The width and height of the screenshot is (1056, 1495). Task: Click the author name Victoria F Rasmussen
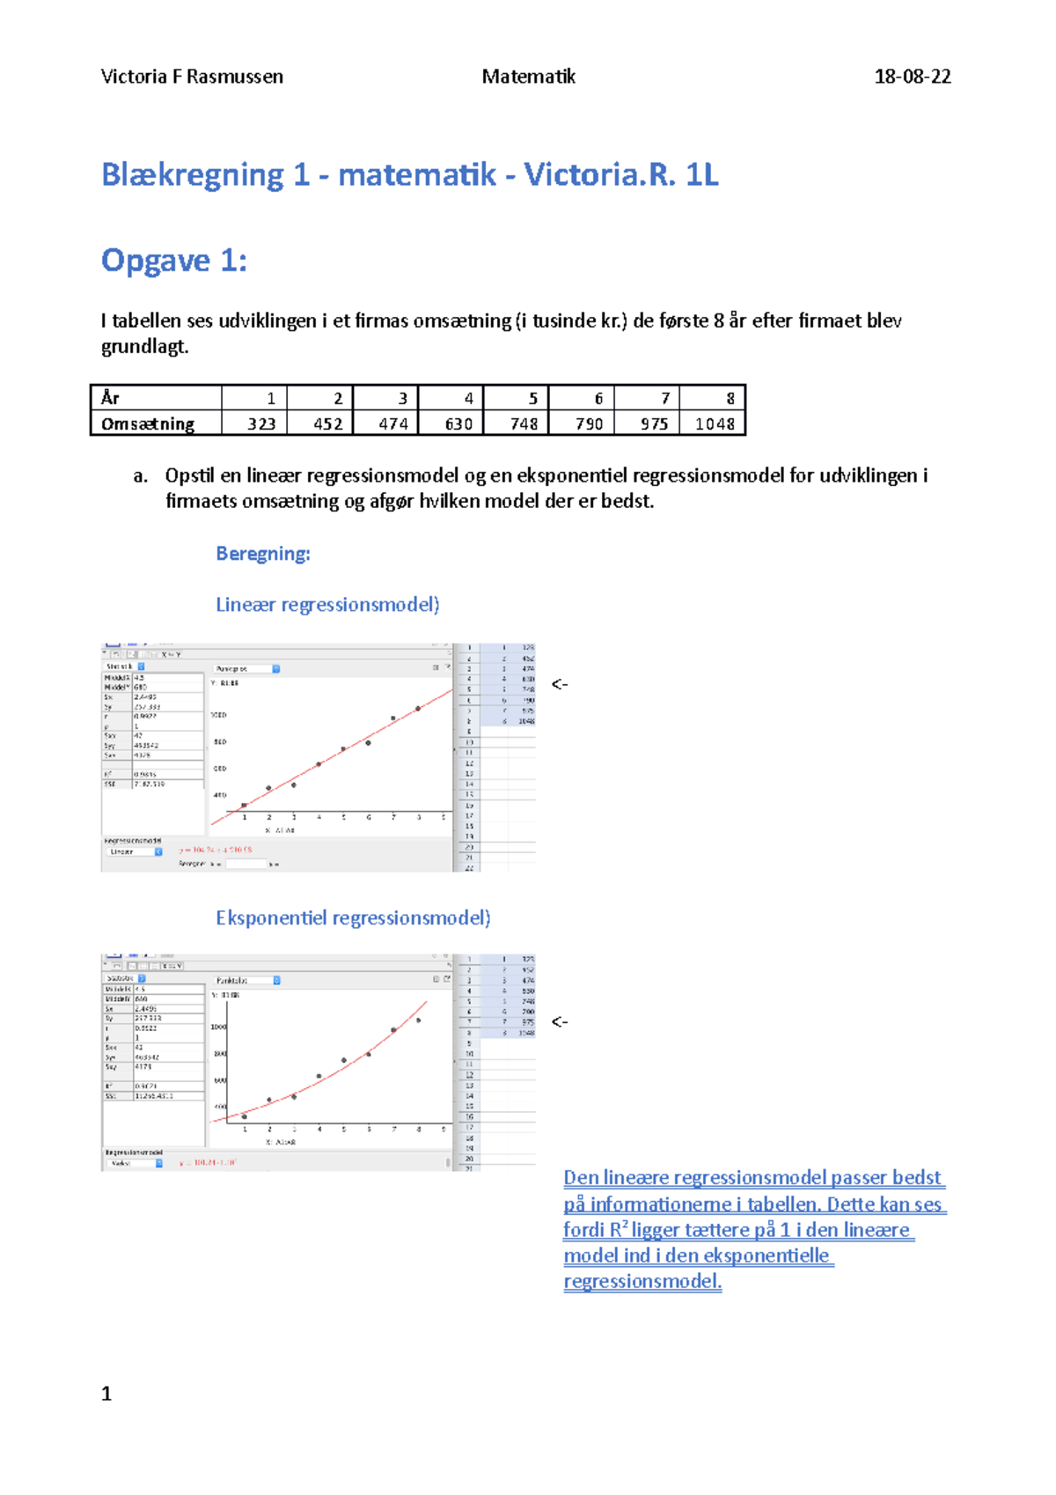click(192, 77)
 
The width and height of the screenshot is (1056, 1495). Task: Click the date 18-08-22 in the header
click(912, 77)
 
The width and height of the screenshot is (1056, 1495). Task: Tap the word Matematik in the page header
click(528, 77)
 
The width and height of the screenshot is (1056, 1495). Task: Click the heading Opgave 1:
click(173, 261)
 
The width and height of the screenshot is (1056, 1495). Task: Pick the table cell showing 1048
click(714, 423)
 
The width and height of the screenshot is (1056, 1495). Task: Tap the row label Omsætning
click(148, 423)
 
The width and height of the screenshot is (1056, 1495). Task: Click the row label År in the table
click(111, 398)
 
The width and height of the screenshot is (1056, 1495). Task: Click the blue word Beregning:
click(262, 554)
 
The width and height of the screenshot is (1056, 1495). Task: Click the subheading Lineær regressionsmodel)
click(327, 605)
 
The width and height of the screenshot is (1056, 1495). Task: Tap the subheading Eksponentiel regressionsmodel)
click(353, 918)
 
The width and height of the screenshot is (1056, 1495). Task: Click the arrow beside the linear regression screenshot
click(560, 684)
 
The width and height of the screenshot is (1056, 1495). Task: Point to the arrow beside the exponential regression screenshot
click(560, 1022)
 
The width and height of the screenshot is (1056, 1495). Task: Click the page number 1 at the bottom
click(106, 1394)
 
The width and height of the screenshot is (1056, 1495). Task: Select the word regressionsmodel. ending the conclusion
click(642, 1282)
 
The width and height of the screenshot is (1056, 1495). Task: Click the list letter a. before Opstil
click(140, 476)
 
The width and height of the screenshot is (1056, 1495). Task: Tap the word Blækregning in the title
click(192, 175)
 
